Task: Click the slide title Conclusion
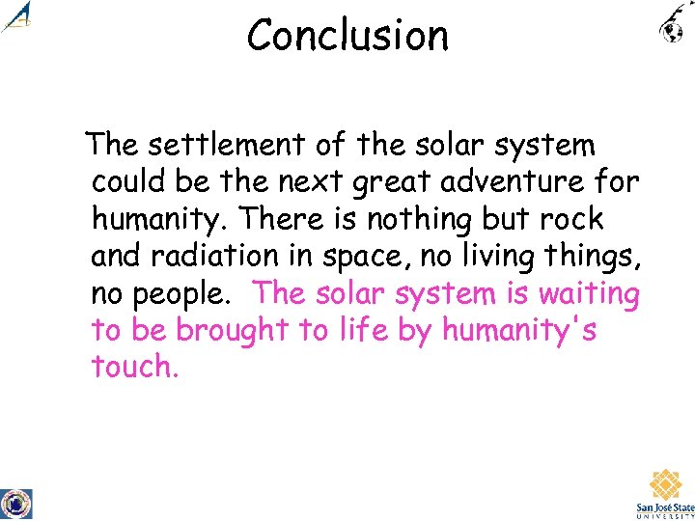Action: [347, 36]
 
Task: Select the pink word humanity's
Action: [518, 331]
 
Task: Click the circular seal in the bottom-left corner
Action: [15, 503]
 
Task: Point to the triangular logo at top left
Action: [17, 16]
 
